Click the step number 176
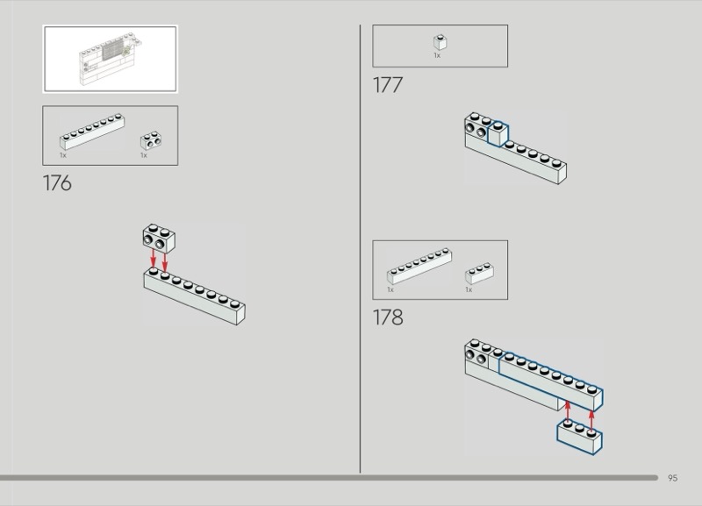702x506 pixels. coord(57,183)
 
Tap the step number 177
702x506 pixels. coord(388,85)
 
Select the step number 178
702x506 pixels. coord(388,317)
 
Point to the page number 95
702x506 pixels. coord(672,478)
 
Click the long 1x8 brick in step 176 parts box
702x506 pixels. coord(92,132)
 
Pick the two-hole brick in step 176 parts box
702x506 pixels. coord(151,140)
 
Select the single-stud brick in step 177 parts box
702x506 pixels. coord(441,42)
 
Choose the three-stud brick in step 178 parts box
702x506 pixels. coord(479,274)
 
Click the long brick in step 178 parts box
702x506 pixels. coord(419,267)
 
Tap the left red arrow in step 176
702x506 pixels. coord(153,258)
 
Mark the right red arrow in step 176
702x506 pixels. coord(165,262)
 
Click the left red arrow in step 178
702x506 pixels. coord(568,411)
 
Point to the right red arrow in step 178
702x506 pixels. coord(591,421)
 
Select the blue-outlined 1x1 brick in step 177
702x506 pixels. coord(498,134)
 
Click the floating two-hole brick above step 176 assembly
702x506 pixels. coord(159,239)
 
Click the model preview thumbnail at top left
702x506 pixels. coord(111,59)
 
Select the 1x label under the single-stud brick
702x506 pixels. coord(437,55)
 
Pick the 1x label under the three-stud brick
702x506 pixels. coord(469,290)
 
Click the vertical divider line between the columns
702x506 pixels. coord(360,249)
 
